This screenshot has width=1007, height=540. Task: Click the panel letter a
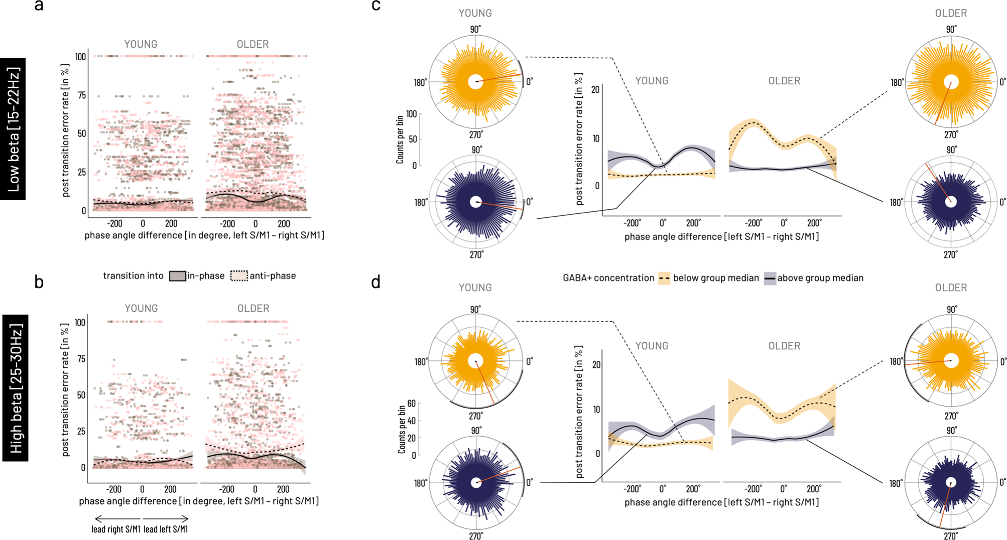pos(39,6)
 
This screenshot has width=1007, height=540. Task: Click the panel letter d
pos(375,282)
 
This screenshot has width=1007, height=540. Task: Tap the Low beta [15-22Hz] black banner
pos(13,129)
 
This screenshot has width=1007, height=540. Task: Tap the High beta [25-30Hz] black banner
pos(16,388)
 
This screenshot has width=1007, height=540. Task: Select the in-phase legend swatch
pos(177,276)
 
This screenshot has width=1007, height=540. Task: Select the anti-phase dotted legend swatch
pos(239,276)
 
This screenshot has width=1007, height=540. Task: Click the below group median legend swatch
pos(664,279)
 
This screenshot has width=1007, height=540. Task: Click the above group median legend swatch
pos(770,279)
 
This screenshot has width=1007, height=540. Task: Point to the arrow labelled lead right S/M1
pos(117,518)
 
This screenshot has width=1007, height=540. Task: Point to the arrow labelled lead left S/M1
pos(166,518)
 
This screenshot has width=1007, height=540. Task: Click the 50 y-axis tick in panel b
pos(80,395)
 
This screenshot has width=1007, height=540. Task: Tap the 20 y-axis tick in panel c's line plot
pos(595,90)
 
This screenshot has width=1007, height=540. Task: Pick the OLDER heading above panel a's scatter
pos(253,44)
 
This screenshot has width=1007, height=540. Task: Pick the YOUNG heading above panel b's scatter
pos(141,308)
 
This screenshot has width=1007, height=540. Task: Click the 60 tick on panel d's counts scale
pos(412,403)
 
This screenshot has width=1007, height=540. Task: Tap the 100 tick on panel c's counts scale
pos(412,114)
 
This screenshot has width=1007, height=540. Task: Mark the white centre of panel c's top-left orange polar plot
pos(475,82)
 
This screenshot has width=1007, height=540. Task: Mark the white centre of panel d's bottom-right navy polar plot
pos(951,482)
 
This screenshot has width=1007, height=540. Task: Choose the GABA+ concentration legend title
pos(608,278)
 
